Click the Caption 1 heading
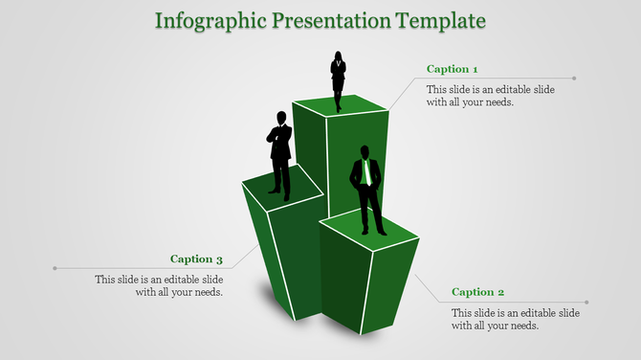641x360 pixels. [452, 69]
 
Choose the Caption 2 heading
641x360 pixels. [477, 292]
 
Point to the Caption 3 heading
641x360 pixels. [196, 259]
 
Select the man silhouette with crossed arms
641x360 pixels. [279, 153]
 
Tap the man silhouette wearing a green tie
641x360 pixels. [367, 190]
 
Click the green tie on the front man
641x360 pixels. [365, 174]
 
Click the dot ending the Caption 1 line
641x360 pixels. [575, 79]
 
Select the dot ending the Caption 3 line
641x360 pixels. [55, 268]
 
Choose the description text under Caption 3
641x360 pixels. [159, 285]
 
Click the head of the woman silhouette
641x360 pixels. [339, 56]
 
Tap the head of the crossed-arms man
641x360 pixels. [281, 117]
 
